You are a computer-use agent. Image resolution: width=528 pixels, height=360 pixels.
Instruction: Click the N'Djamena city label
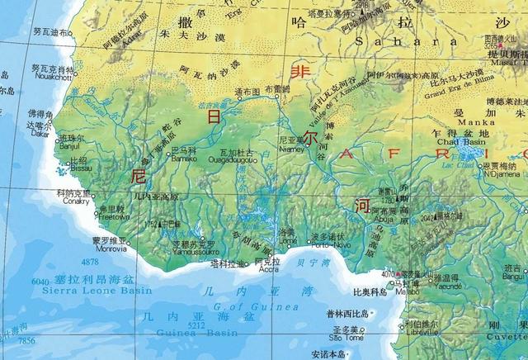[502, 173]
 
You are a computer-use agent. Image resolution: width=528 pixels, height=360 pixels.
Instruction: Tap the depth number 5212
[196, 325]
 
